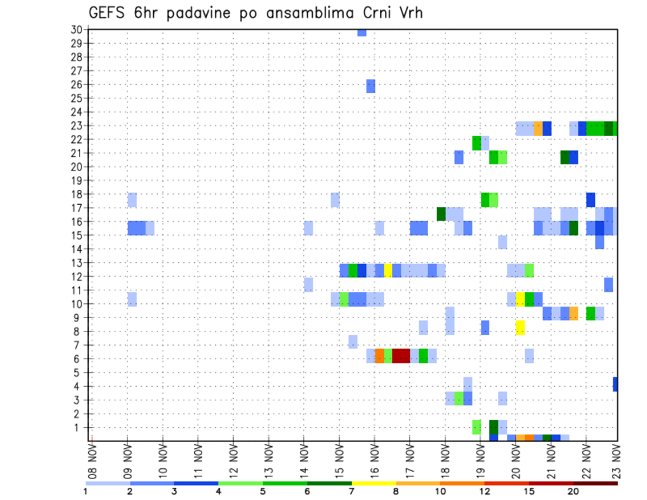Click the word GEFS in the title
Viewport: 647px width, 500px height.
coord(109,13)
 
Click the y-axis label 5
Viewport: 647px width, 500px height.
coord(78,373)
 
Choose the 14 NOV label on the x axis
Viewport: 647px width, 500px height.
coord(304,461)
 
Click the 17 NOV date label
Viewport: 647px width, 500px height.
coord(410,461)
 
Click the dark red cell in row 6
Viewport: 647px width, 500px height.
coord(401,356)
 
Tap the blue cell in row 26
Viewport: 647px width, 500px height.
coord(371,86)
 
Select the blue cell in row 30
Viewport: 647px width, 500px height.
coord(362,32)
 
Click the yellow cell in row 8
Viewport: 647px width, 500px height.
coord(520,328)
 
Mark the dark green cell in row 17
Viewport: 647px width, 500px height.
coord(441,214)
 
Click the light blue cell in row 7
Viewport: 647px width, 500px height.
coord(353,342)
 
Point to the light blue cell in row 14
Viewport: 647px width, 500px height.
coord(503,242)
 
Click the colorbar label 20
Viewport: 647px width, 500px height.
coord(574,491)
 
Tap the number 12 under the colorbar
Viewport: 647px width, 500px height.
coord(485,491)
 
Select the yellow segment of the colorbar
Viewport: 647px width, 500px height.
coord(373,483)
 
